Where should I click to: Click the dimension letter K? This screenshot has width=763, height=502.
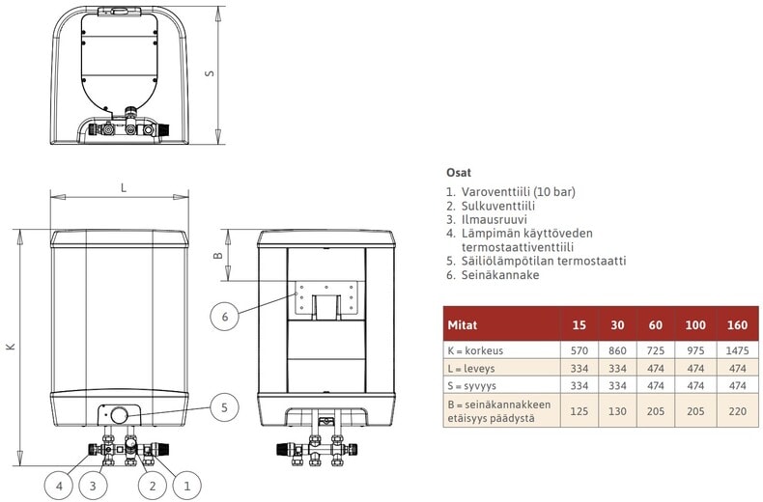click(11, 347)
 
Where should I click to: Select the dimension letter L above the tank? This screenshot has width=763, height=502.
click(124, 187)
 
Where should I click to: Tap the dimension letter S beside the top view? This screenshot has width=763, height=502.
click(210, 73)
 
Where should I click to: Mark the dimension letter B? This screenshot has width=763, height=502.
click(218, 255)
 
